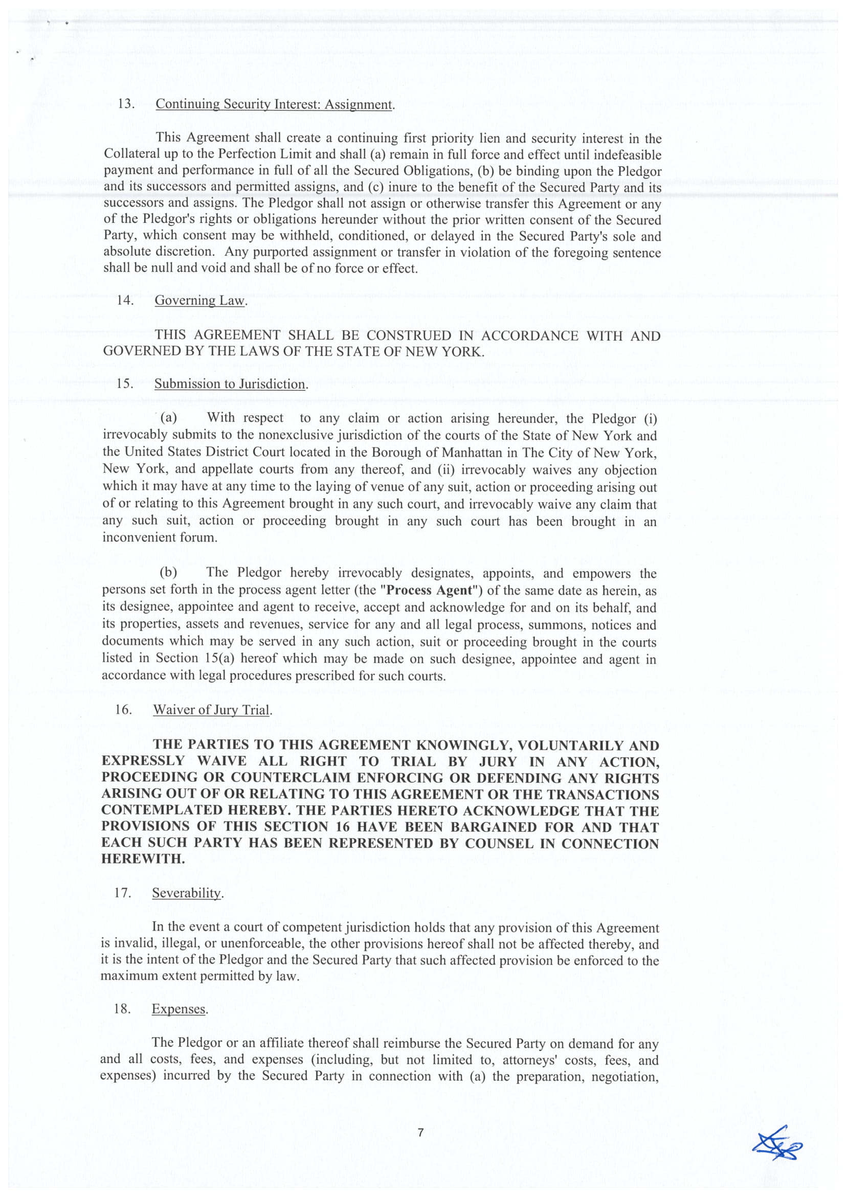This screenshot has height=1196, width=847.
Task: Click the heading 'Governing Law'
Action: coord(200,301)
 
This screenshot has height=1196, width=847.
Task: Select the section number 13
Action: coord(126,103)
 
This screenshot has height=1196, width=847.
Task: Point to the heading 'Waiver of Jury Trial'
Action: coord(212,710)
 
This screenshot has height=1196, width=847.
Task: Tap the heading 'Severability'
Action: coord(187,893)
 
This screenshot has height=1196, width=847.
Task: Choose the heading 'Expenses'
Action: coord(179,1009)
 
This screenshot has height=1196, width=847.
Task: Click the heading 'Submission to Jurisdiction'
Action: coord(230,384)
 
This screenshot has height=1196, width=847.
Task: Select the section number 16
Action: coord(124,709)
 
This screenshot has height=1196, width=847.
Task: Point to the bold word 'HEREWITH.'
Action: coord(143,859)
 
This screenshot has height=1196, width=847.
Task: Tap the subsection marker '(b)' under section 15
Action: coord(168,573)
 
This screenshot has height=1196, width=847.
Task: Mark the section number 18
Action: coord(122,1008)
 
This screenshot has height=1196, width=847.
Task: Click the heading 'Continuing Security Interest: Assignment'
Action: coord(274,104)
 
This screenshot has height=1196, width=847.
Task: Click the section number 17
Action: coord(123,892)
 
